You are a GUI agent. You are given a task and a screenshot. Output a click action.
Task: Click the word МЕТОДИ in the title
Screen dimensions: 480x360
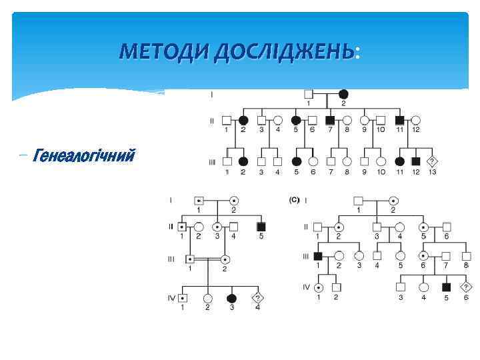[x=165, y=51]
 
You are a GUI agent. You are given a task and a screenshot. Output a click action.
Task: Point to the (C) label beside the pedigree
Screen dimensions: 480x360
[x=294, y=199]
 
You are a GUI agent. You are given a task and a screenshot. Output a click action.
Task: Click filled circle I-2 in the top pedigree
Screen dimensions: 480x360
[x=343, y=94]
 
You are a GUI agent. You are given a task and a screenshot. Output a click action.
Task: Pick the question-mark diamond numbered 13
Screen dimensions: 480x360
[x=433, y=161]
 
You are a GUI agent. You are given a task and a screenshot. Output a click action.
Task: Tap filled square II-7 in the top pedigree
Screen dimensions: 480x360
[x=330, y=121]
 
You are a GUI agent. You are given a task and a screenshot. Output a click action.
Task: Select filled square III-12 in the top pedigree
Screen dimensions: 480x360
[x=416, y=161]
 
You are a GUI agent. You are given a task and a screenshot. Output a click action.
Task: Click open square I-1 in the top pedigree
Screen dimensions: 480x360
[x=309, y=94]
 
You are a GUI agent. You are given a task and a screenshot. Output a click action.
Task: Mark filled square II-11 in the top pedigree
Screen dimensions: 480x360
[x=399, y=121]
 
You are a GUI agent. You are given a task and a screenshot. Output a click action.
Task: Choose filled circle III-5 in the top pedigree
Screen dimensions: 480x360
[x=295, y=161]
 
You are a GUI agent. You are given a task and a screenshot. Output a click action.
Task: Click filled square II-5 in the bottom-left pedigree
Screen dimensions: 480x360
[x=261, y=227]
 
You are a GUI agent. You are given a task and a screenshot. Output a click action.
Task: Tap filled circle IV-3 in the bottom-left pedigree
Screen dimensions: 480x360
[x=231, y=298]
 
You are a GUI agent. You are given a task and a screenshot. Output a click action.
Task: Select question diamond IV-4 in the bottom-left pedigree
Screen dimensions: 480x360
[x=256, y=298]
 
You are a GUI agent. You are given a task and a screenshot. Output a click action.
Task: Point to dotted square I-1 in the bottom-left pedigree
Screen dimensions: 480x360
[x=199, y=200]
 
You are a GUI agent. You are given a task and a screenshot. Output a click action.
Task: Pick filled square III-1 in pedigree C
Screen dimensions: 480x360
[x=318, y=256]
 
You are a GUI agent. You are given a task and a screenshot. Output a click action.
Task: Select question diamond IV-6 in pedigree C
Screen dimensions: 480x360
[x=467, y=287]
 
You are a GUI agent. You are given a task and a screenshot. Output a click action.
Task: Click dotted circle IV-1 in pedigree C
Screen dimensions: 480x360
[x=319, y=287]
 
